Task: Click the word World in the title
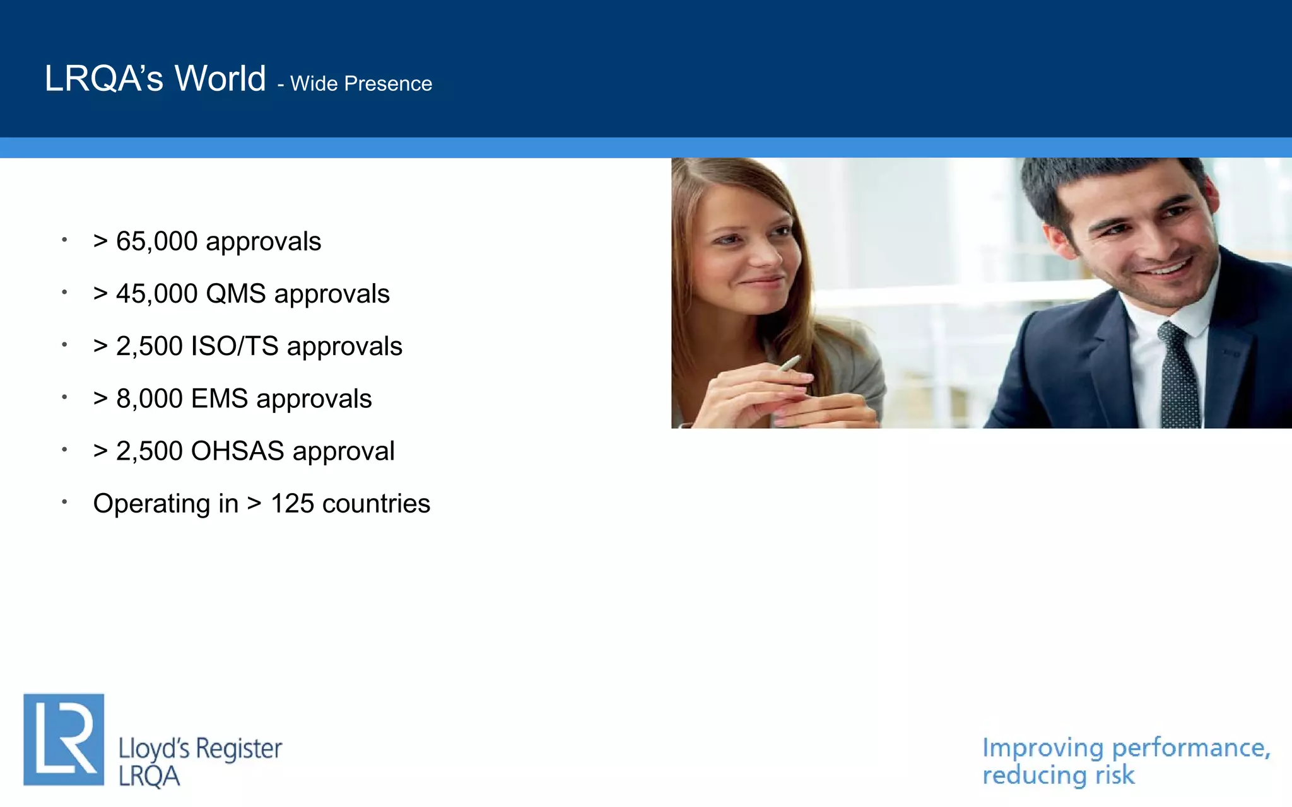(x=220, y=79)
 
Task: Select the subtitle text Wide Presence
(x=361, y=84)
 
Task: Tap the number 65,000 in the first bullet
(x=156, y=241)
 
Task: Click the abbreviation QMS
(x=236, y=294)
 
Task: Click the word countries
(x=376, y=504)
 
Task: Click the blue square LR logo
(x=64, y=740)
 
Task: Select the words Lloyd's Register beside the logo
(x=200, y=749)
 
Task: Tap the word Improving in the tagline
(x=1043, y=748)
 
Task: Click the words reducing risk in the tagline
(x=1058, y=775)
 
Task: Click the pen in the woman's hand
(x=790, y=363)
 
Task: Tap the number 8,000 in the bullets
(x=150, y=399)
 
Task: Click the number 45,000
(x=156, y=294)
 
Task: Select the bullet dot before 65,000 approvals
(x=64, y=240)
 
